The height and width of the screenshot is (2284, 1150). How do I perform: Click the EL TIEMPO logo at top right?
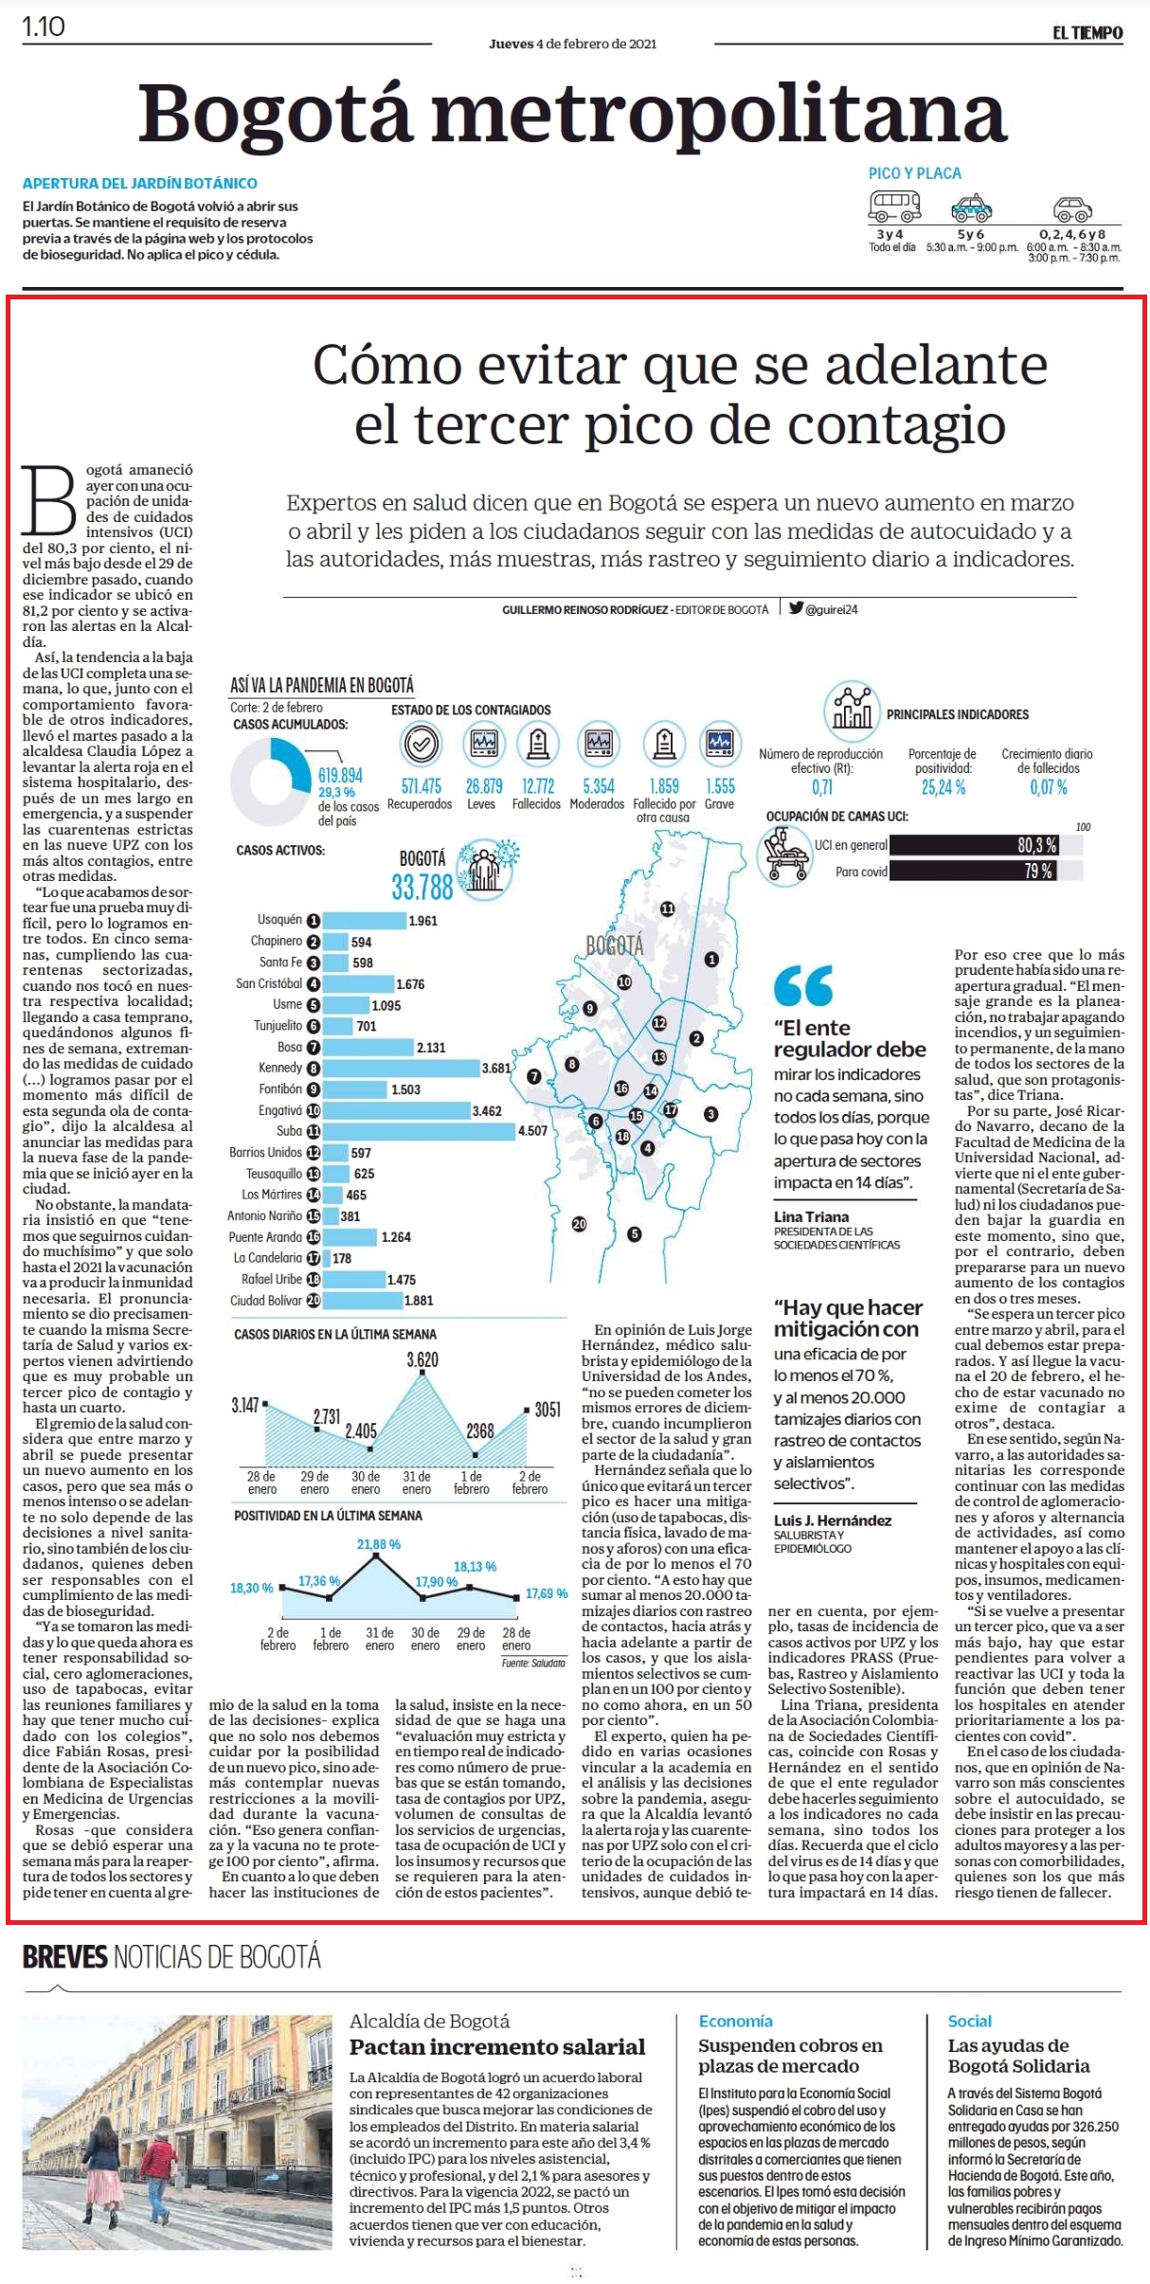[1087, 32]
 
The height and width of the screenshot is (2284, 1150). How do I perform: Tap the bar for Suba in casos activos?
[420, 1130]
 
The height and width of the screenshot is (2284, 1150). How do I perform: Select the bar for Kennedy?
[402, 1068]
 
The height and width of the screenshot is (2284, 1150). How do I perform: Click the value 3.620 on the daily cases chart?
[422, 1359]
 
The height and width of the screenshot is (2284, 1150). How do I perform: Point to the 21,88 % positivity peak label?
[378, 1544]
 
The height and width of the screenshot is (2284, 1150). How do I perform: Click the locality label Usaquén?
[279, 920]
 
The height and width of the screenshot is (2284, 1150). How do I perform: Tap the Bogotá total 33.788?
[422, 888]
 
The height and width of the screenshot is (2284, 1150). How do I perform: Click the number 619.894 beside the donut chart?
[340, 776]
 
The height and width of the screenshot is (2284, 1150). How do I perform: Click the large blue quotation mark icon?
[803, 985]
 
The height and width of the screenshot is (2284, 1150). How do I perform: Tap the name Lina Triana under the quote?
[811, 1216]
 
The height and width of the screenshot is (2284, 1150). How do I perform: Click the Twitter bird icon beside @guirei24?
[797, 608]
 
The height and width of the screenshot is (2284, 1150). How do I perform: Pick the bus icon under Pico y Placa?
[894, 205]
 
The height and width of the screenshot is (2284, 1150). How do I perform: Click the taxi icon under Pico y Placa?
[972, 207]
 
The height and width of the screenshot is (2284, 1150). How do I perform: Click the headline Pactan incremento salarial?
[497, 2046]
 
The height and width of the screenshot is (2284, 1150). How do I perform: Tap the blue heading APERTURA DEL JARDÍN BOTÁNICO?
[140, 183]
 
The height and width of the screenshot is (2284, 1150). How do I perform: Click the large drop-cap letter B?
[50, 501]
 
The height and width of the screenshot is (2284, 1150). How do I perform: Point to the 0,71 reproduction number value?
[822, 786]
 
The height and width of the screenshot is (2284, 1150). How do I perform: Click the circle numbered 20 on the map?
[579, 1224]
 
